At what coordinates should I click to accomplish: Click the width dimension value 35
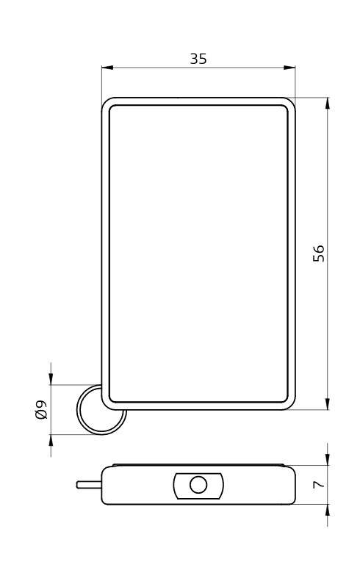pos(198,59)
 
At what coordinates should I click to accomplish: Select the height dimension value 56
pos(319,253)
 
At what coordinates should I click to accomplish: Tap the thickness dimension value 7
pos(319,484)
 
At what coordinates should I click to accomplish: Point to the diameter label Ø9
pos(41,409)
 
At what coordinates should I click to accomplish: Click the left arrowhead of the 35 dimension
pos(107,68)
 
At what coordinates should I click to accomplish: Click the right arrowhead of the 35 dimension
pos(289,68)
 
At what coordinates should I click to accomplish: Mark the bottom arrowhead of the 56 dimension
pos(328,404)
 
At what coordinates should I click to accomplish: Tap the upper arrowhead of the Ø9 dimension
pos(51,379)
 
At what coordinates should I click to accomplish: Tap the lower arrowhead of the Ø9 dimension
pos(51,440)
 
